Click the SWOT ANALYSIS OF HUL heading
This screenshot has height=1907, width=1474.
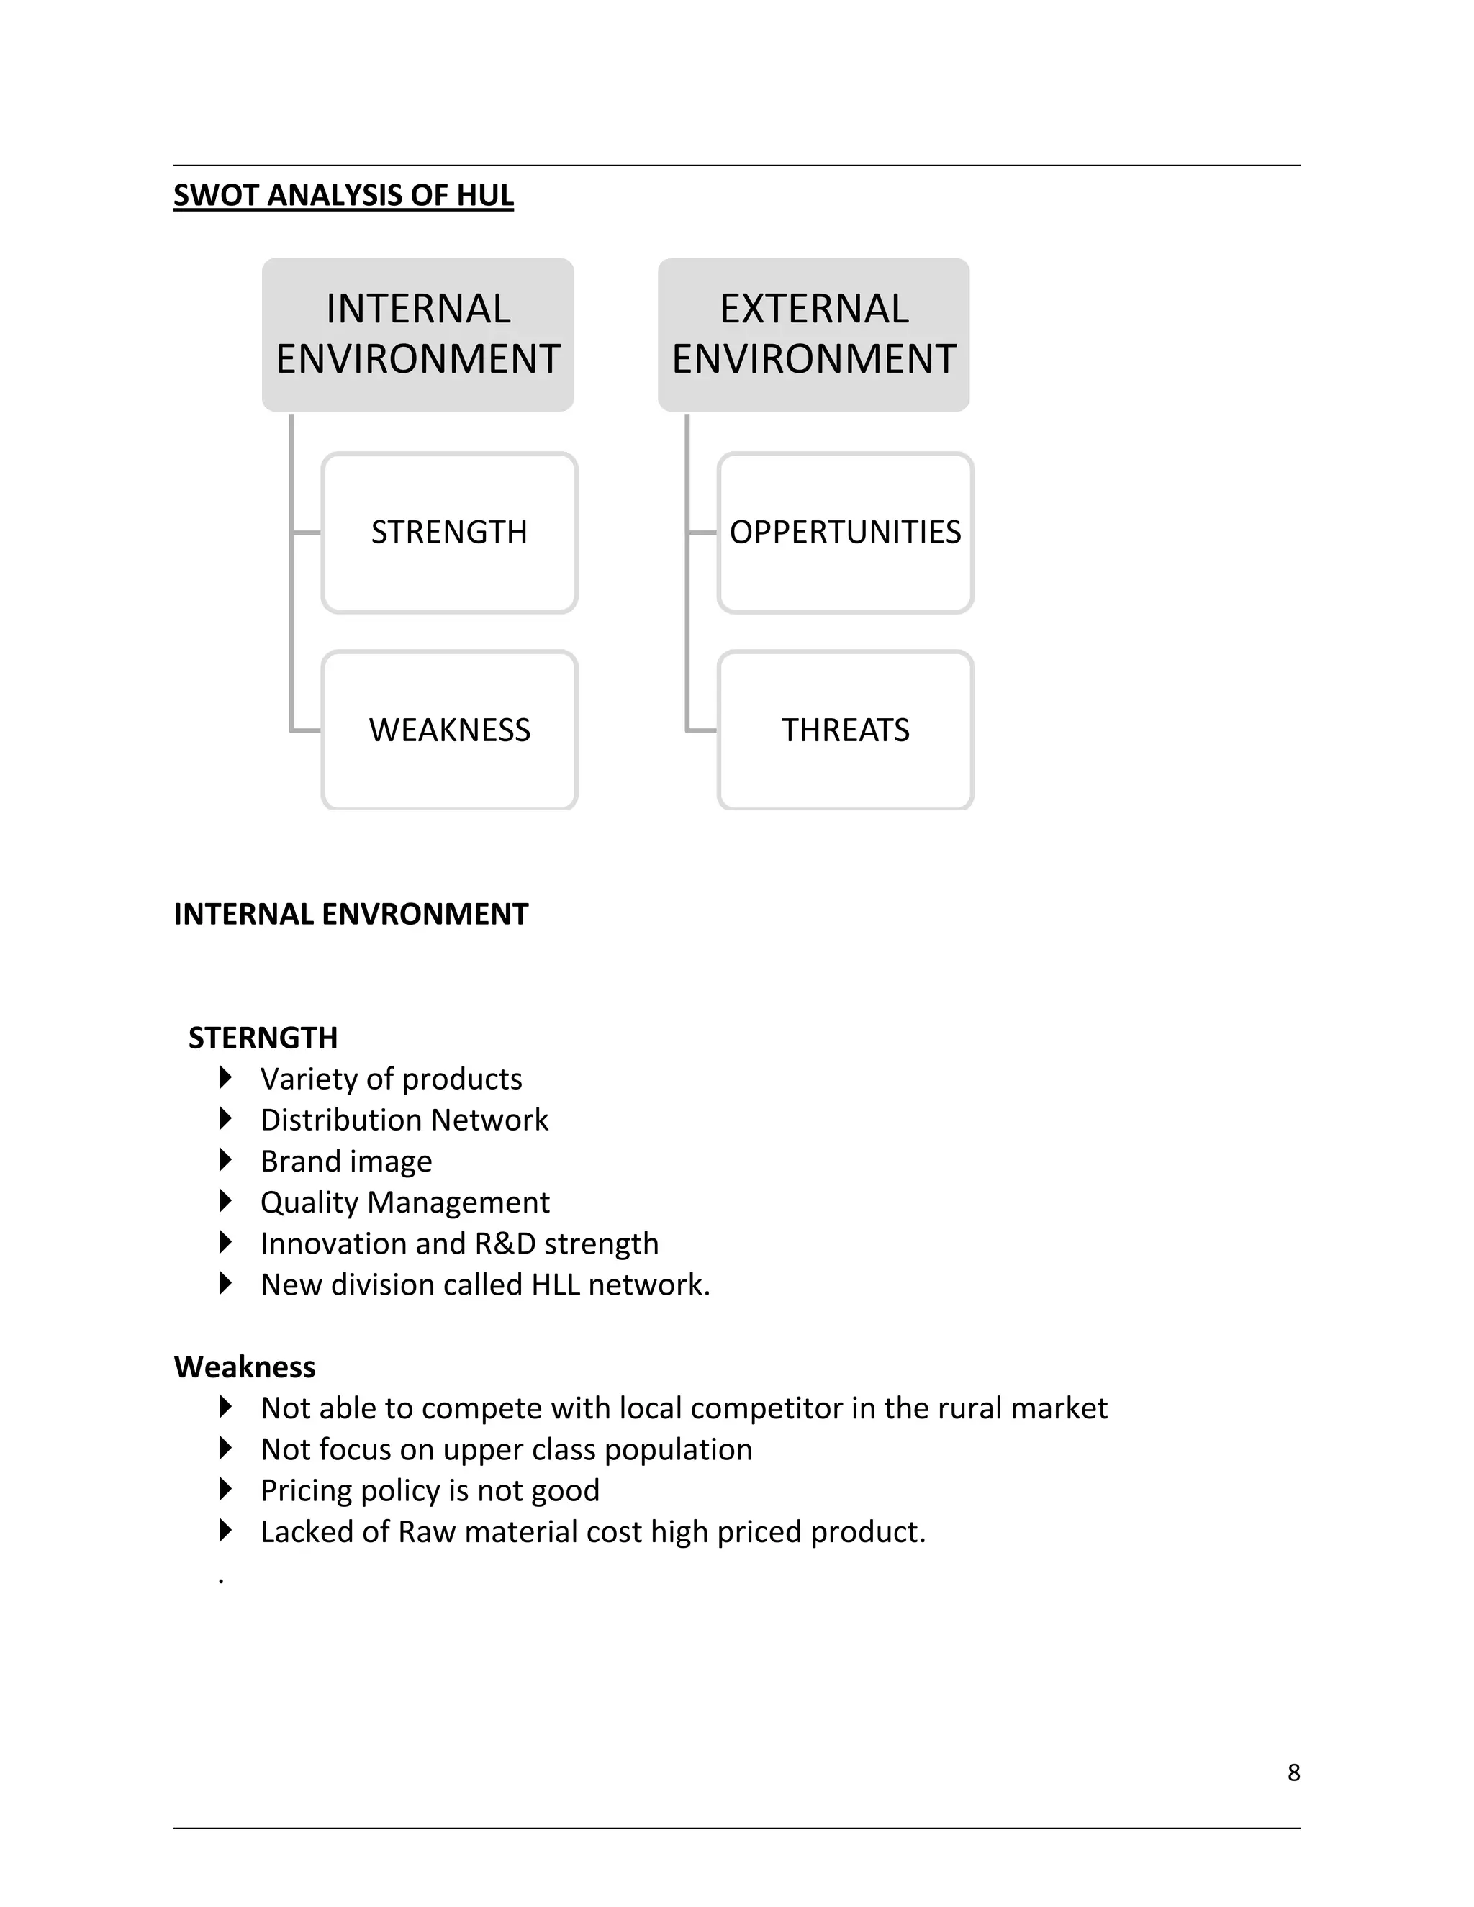point(343,195)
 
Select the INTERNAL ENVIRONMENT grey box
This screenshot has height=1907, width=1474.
point(417,335)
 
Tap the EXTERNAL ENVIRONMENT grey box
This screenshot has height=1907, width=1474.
point(813,335)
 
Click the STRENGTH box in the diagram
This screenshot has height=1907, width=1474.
point(449,533)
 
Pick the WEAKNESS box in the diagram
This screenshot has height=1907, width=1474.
point(449,730)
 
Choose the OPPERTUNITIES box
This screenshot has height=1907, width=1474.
point(844,533)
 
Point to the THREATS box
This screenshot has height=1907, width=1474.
point(844,730)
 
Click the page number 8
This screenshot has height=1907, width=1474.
point(1293,1772)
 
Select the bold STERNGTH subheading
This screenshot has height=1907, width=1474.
point(263,1037)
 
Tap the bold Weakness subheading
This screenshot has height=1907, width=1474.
point(245,1367)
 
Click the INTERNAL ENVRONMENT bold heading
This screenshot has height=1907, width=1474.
point(351,914)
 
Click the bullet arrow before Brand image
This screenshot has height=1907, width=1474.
point(225,1161)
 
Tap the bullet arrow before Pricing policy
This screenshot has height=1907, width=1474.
point(225,1490)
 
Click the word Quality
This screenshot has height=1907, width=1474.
point(308,1202)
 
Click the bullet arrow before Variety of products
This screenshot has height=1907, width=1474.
point(225,1079)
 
